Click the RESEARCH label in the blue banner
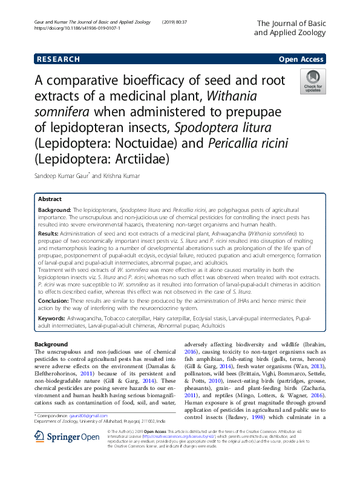pyautogui.click(x=58, y=59)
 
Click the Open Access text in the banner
pyautogui.click(x=301, y=59)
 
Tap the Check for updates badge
pyautogui.click(x=313, y=82)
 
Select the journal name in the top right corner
pyautogui.click(x=291, y=28)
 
